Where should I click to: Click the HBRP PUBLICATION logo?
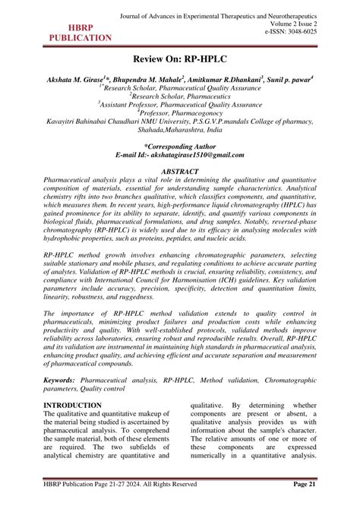(80, 31)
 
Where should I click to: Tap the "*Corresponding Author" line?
(180, 144)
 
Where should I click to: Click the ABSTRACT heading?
(180, 172)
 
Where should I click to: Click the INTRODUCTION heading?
(72, 406)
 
